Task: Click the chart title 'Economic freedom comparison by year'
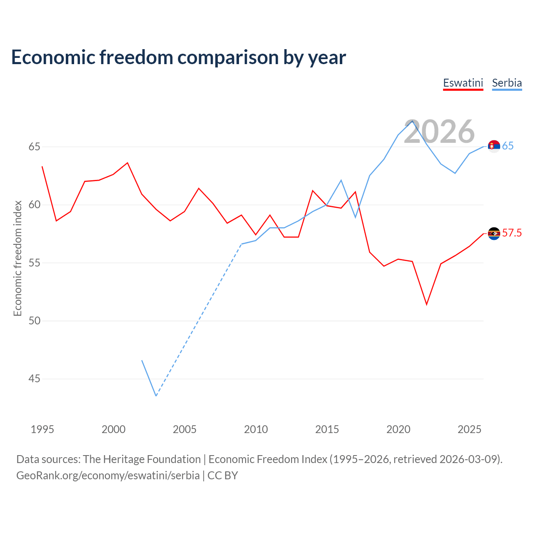178,57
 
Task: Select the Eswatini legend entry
463,83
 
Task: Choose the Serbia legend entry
507,83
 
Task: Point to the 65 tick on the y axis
34,147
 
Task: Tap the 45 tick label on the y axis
34,379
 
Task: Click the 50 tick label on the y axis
34,321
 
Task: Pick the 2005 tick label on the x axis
184,429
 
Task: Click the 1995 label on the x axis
42,429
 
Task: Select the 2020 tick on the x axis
399,429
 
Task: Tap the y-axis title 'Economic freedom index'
18,258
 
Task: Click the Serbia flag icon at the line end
494,146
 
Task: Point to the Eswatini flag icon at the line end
494,234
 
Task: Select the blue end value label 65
508,146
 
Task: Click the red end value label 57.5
512,233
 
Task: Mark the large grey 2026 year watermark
439,132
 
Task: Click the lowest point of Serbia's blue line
156,396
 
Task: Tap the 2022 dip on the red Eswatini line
426,304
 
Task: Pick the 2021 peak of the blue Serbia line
412,121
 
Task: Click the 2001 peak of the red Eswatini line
127,163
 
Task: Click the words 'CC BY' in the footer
223,476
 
